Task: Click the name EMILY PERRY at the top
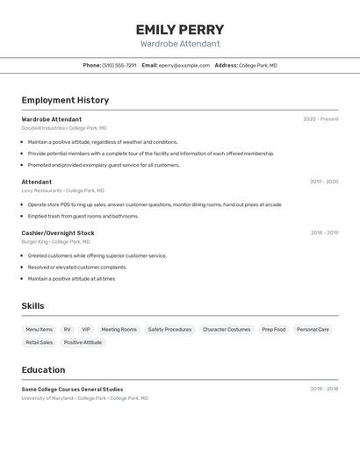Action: coord(180,30)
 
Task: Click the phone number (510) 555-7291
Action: coord(119,65)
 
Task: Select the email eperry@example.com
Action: coord(184,65)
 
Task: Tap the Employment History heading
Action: coord(65,100)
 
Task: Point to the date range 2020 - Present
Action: coord(320,119)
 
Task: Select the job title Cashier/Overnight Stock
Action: coord(58,232)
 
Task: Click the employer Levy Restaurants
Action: coord(42,190)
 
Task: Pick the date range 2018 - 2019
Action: coord(324,232)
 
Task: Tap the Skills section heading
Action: coord(32,306)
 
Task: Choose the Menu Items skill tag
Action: coord(39,330)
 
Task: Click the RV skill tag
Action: coord(67,330)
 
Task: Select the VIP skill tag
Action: coord(86,330)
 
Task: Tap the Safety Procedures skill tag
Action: coord(169,330)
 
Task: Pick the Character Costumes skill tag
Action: coord(227,330)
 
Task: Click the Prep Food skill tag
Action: coord(274,330)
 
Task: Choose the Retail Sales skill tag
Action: coord(39,342)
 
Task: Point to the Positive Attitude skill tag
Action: coord(83,342)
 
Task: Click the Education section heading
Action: coord(43,369)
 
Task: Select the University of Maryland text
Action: coord(47,398)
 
